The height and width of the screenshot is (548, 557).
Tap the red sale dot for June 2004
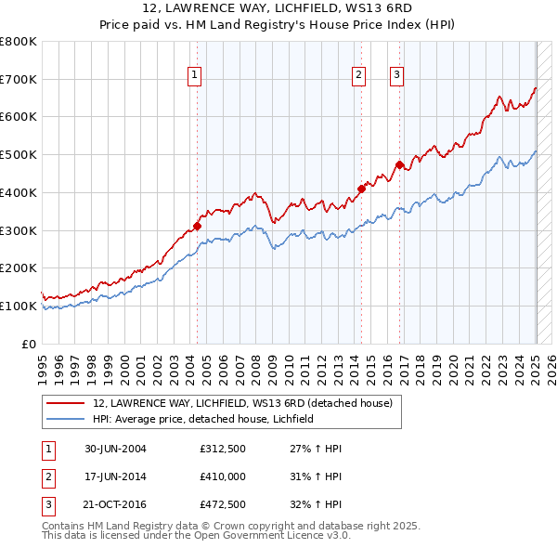pyautogui.click(x=197, y=225)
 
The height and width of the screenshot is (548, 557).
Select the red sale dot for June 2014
pyautogui.click(x=360, y=189)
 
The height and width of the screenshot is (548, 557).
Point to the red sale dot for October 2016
pyautogui.click(x=399, y=165)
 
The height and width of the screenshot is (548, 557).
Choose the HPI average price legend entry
pyautogui.click(x=203, y=420)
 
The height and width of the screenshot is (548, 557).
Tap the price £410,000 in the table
pyautogui.click(x=222, y=476)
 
